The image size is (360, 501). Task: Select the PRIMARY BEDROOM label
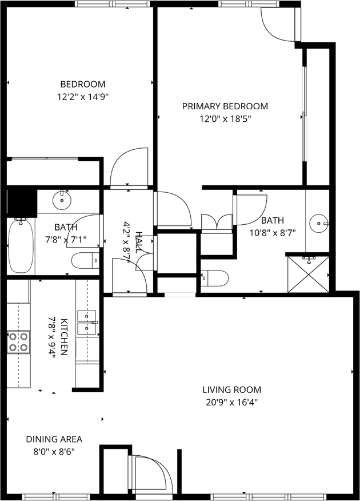click(x=225, y=106)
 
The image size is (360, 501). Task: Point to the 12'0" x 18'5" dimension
click(x=225, y=119)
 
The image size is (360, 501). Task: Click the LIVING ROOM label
click(x=231, y=390)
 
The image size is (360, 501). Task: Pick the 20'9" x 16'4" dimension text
click(x=231, y=402)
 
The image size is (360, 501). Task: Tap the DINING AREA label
click(x=54, y=439)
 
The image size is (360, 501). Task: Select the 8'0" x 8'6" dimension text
click(x=54, y=451)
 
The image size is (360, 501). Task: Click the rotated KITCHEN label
click(x=64, y=337)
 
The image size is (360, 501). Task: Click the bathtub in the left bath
click(x=21, y=246)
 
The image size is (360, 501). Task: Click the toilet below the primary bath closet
click(x=215, y=278)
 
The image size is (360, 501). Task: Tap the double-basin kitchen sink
click(x=87, y=322)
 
